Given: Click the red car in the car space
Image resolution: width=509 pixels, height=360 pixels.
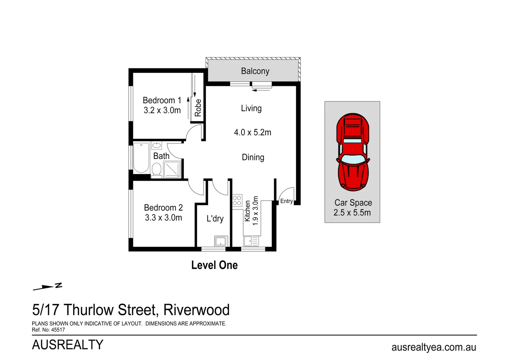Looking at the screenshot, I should click(353, 152).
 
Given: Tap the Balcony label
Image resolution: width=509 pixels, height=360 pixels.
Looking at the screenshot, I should click(255, 71).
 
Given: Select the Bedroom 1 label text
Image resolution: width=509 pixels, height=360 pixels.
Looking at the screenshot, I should click(162, 100).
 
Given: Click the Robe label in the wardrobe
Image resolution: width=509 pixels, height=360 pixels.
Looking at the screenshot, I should click(198, 108).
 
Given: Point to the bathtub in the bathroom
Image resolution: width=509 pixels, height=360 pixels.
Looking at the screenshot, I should click(141, 158).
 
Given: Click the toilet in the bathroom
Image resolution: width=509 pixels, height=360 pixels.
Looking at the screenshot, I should click(156, 170).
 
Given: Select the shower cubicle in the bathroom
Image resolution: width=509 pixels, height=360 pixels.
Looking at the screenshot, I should click(172, 169).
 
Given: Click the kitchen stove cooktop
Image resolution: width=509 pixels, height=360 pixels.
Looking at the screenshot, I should click(237, 200).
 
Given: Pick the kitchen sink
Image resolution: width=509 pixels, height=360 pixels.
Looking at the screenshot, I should click(248, 241).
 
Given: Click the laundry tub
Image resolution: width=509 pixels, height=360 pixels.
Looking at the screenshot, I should click(221, 241).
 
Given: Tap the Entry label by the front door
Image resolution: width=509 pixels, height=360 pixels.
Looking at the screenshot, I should click(286, 201).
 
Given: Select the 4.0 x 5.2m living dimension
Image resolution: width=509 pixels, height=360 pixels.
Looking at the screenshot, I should click(253, 132).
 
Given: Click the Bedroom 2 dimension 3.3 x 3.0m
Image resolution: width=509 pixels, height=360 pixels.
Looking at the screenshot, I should click(163, 218).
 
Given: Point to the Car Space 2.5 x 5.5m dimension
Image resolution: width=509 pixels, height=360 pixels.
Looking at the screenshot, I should click(352, 213).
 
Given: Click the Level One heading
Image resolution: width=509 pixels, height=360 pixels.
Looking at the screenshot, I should click(214, 265).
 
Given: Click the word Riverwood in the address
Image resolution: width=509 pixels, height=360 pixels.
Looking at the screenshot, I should click(196, 310).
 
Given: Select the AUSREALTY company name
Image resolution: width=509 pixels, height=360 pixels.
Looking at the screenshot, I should click(68, 345).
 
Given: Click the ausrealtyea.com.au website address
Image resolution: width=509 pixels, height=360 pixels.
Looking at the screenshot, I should click(434, 347).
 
